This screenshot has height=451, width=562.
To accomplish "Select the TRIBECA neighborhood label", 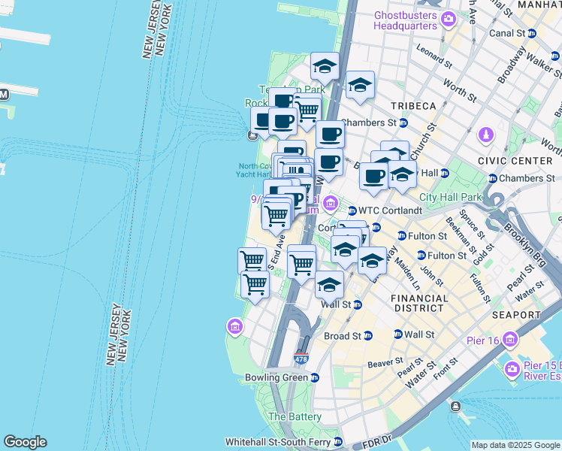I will pos(412,105).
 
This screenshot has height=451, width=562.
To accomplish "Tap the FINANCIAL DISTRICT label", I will pos(418,303).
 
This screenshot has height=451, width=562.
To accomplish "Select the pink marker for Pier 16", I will pos(511,339).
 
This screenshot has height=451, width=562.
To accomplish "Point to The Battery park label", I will pos(295,416).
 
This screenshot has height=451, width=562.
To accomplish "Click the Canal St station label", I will pos(508,33).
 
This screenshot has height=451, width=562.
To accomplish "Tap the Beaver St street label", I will pos(386,363).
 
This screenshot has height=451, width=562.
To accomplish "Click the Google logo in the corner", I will pos(25,442).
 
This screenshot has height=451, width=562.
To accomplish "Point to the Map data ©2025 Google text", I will pos(515,445).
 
